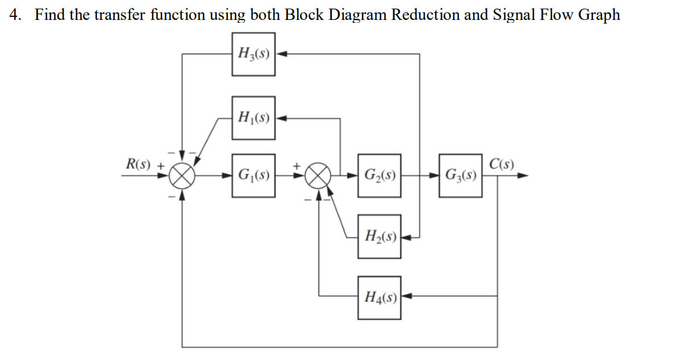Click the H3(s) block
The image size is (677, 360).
tap(254, 54)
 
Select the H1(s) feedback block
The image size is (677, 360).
tap(254, 119)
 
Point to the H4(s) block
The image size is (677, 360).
tap(379, 296)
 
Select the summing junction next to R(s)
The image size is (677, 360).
tap(182, 175)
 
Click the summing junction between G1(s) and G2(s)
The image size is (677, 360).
tap(320, 175)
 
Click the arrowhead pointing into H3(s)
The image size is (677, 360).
tap(280, 54)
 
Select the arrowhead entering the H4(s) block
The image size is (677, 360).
tap(406, 296)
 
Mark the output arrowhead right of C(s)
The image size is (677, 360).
tap(524, 176)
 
